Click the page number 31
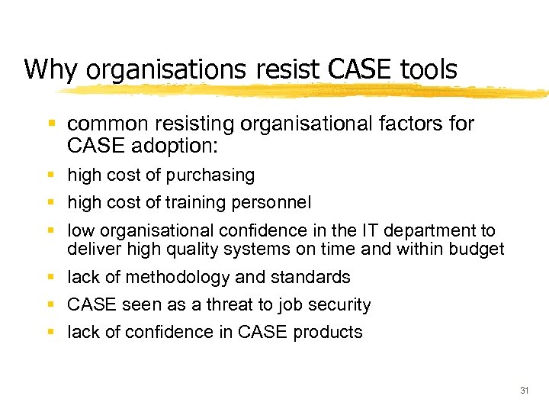524,390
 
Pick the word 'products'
328,333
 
